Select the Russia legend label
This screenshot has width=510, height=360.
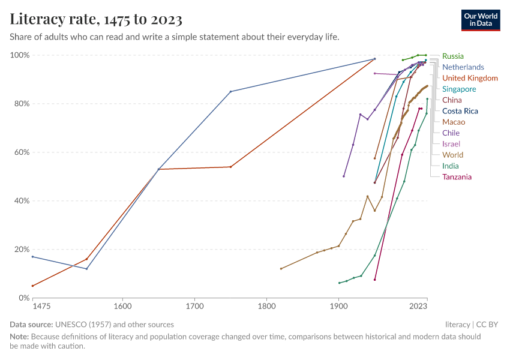pyautogui.click(x=453, y=56)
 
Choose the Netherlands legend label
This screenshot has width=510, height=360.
pyautogui.click(x=463, y=67)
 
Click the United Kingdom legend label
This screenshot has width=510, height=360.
pyautogui.click(x=470, y=78)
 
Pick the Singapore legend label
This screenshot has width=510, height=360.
pyautogui.click(x=459, y=89)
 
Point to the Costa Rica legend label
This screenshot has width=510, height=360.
pyautogui.click(x=460, y=111)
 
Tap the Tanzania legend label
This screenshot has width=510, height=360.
pyautogui.click(x=457, y=176)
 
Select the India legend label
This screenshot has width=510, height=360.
pyautogui.click(x=451, y=166)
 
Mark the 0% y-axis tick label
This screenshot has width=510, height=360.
pyautogui.click(x=23, y=298)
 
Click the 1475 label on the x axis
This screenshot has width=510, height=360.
pyautogui.click(x=41, y=307)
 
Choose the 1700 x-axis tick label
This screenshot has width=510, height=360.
pyautogui.click(x=194, y=307)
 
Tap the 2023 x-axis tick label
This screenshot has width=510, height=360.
pyautogui.click(x=419, y=307)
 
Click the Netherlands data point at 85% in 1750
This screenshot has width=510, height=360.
pyautogui.click(x=230, y=91)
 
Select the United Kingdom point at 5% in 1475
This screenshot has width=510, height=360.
pyautogui.click(x=32, y=286)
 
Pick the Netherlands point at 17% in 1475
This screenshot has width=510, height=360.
pyautogui.click(x=32, y=256)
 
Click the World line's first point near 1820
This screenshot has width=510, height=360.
pyautogui.click(x=281, y=268)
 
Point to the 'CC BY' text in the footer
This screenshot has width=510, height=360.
pyautogui.click(x=490, y=324)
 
